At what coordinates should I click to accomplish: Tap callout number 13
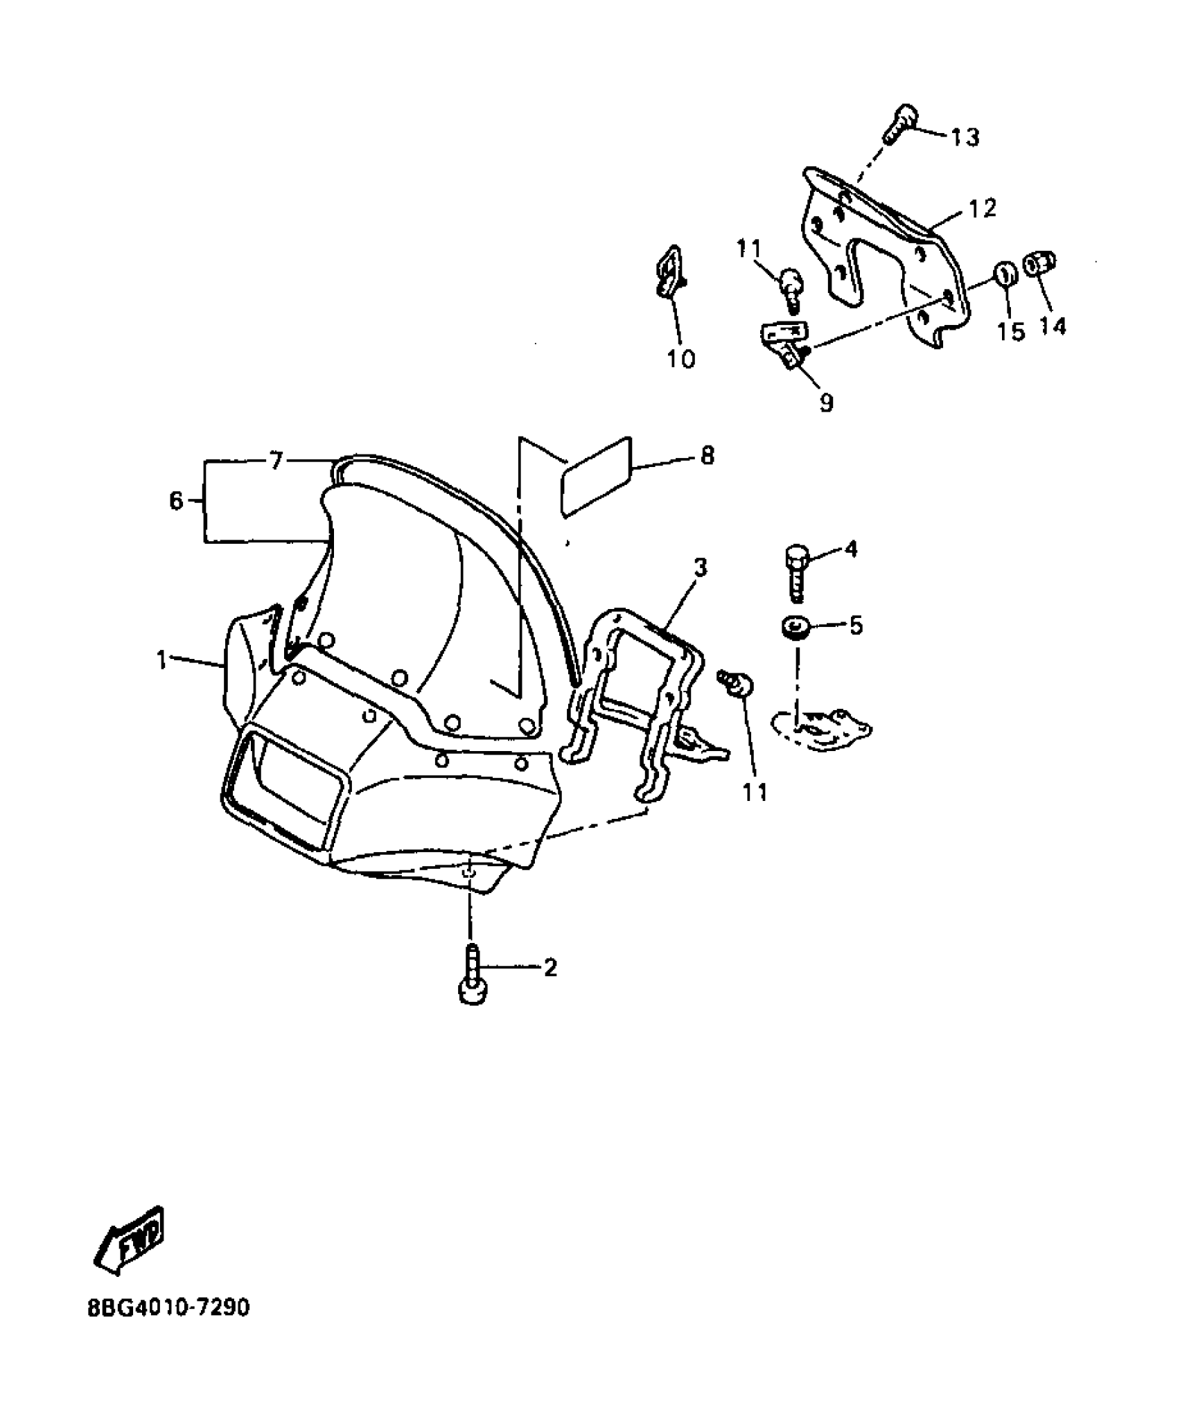point(965,137)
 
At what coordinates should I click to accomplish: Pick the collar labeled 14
point(1041,263)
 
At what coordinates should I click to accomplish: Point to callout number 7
point(276,460)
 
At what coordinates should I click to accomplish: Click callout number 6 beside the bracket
point(176,500)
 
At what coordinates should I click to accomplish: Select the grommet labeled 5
point(794,628)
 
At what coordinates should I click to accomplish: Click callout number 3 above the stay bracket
point(701,568)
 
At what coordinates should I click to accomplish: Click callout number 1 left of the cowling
point(161,660)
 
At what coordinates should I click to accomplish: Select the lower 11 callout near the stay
point(755,791)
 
